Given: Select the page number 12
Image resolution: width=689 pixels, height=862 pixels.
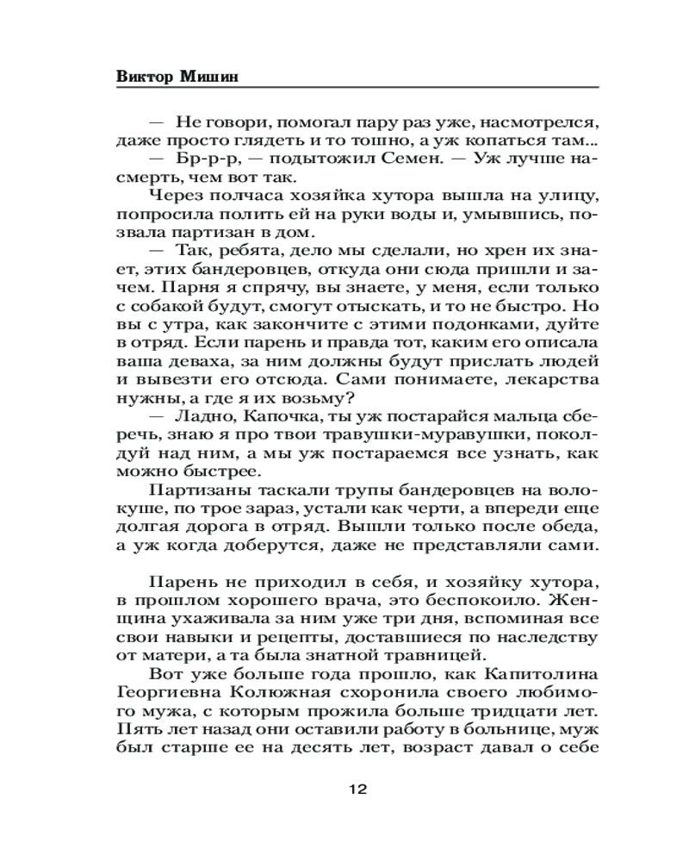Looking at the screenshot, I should tap(358, 789).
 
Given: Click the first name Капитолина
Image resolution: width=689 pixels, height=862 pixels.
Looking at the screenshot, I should tap(542, 674).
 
